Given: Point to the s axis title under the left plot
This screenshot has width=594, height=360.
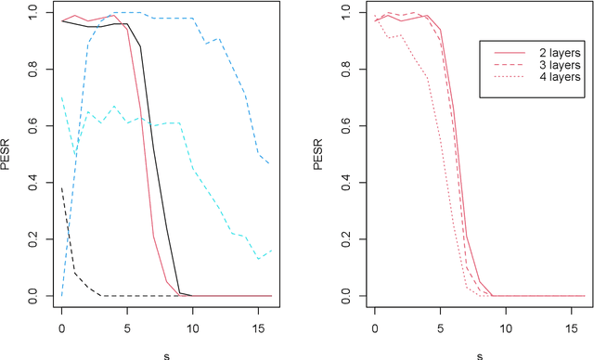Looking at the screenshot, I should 166,353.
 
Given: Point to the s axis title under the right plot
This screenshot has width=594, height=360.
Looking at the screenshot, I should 480,353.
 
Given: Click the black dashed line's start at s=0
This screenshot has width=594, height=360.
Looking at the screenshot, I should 62,186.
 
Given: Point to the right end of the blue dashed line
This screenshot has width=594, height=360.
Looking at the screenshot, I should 270,164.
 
